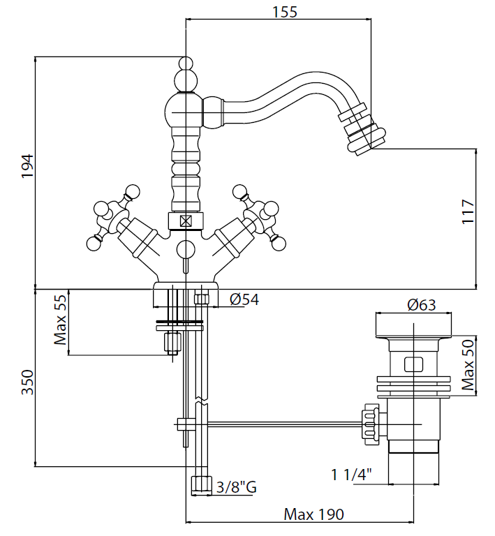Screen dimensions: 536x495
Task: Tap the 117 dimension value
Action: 467,212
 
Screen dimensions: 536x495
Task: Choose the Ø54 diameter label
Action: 244,300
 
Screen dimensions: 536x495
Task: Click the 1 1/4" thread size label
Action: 350,475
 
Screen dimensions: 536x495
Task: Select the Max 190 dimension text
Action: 313,514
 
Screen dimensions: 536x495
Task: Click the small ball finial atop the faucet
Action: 186,64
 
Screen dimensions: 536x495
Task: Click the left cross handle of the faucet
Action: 112,216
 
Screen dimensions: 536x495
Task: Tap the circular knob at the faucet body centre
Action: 186,249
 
